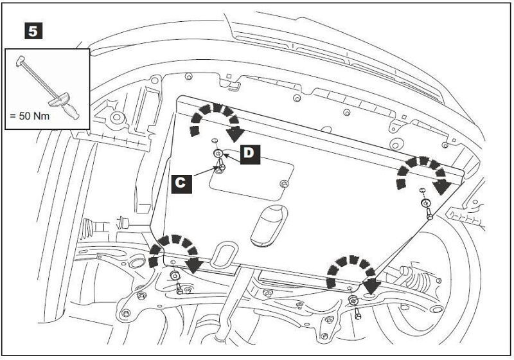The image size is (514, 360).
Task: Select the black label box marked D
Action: tap(249, 154)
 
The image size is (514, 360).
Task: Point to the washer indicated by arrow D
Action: tap(219, 153)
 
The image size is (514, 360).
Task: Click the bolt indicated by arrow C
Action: tap(222, 166)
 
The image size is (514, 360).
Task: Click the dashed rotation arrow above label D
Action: tap(214, 120)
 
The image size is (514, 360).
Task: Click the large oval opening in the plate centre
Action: tap(270, 228)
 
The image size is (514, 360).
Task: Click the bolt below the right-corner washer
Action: tap(429, 215)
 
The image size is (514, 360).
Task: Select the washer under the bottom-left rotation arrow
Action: tap(175, 276)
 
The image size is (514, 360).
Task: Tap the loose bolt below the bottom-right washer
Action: tap(357, 314)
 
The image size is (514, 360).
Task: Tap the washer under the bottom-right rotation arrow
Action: tap(353, 300)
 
